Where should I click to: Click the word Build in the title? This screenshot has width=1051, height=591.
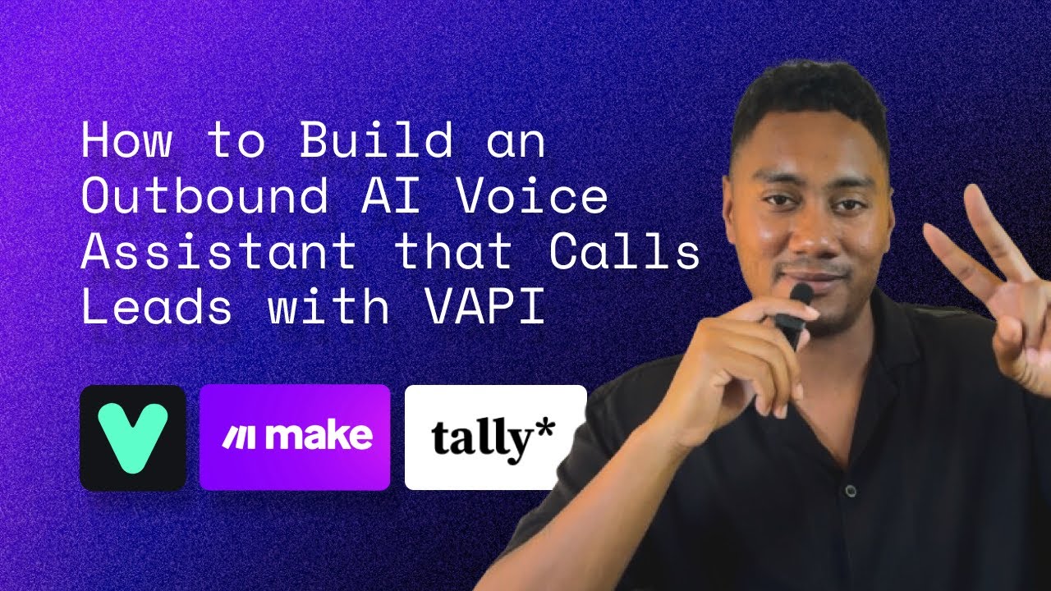[375, 141]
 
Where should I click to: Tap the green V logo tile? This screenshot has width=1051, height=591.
[133, 438]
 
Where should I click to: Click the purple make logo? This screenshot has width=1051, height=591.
[295, 438]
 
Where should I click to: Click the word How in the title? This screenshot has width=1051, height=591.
[126, 141]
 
